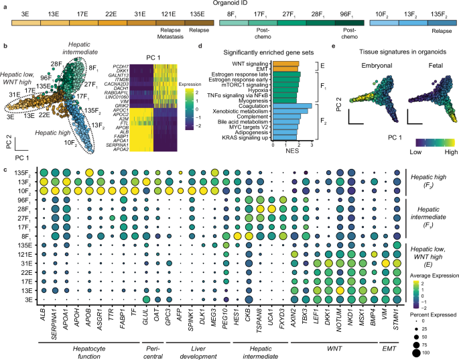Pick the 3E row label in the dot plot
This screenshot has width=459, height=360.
[x=25, y=280]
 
